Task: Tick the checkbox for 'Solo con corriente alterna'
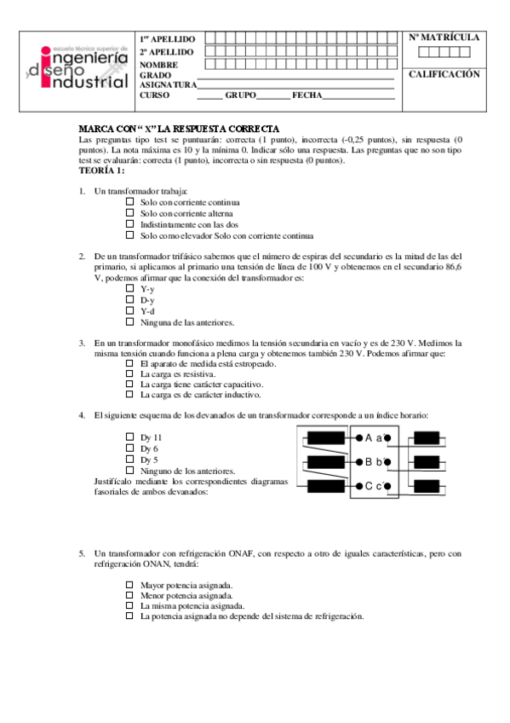point(130,213)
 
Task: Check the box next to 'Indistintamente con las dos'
point(130,224)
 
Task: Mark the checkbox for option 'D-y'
point(130,300)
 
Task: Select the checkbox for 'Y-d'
point(130,311)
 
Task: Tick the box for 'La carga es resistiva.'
point(130,373)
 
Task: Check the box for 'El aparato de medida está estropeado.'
point(130,363)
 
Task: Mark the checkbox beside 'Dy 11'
point(130,437)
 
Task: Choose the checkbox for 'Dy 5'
point(130,460)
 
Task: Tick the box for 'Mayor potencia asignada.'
point(130,585)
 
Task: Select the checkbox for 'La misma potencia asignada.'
point(130,605)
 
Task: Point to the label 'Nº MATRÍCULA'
point(444,38)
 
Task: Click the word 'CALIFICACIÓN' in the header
point(444,74)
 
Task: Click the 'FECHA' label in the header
point(307,95)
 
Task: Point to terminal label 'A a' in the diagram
point(373,438)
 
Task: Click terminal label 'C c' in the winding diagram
point(373,487)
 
